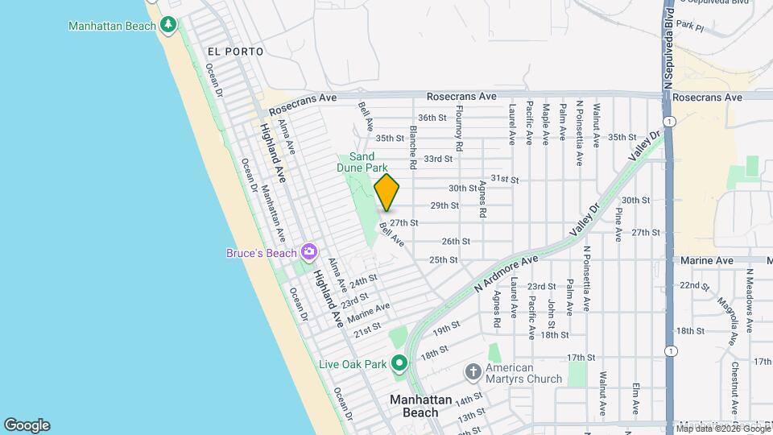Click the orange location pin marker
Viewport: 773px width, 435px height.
coord(387,192)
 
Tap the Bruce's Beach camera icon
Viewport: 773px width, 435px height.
coord(308,253)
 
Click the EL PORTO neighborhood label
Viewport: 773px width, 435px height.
coord(235,52)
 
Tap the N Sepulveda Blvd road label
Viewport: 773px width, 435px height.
coord(668,48)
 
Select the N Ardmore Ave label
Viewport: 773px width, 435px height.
coord(506,275)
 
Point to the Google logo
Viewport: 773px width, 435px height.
coord(27,425)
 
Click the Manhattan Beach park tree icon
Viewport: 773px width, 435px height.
coord(168,25)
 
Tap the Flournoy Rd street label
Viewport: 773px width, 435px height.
coord(459,130)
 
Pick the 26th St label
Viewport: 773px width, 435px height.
coord(455,241)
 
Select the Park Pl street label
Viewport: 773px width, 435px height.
coord(690,27)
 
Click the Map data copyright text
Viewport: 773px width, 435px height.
coord(723,429)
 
